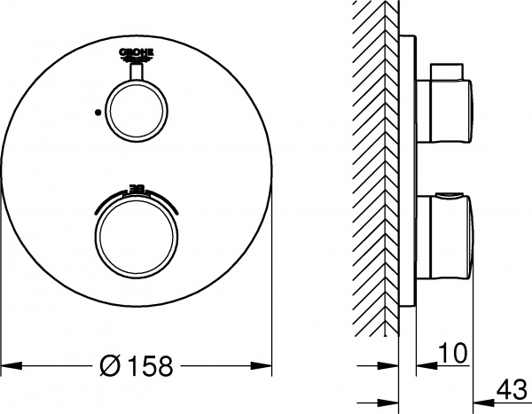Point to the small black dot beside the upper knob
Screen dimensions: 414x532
point(95,113)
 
